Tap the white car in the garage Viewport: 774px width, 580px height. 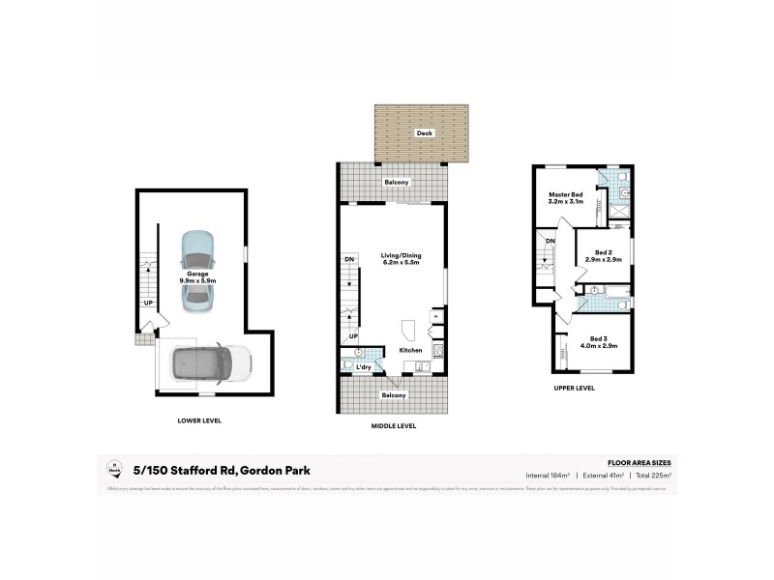210,364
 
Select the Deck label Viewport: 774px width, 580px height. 423,132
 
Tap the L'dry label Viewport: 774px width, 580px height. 364,367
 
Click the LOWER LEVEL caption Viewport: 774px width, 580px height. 200,420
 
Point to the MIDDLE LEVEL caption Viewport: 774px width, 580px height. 394,425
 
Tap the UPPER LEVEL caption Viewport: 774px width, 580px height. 575,388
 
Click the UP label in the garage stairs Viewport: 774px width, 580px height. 148,303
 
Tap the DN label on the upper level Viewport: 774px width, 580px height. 550,241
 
